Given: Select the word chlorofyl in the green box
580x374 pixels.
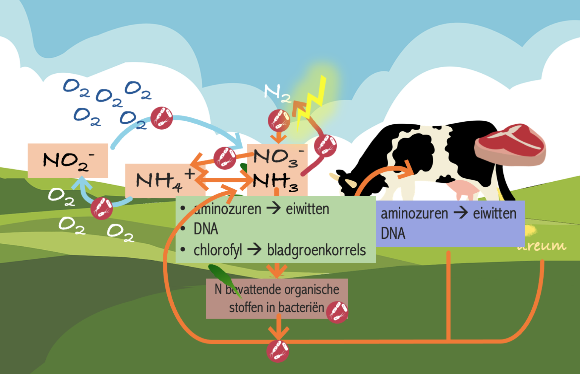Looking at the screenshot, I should coord(217,250).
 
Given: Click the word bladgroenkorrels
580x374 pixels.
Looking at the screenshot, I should coord(316,250).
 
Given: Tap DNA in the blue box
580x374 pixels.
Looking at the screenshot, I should coord(393,233).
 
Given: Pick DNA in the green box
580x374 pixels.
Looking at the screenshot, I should coord(206,229).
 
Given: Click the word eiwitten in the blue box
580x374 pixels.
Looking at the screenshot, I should coord(494,213).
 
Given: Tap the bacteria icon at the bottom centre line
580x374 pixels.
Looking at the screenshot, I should coord(278,351).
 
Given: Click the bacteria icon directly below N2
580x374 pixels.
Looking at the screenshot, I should coord(279,121).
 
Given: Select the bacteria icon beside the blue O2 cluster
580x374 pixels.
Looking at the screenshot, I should coord(162,118).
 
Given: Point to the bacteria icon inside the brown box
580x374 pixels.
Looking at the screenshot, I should coord(337,312).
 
